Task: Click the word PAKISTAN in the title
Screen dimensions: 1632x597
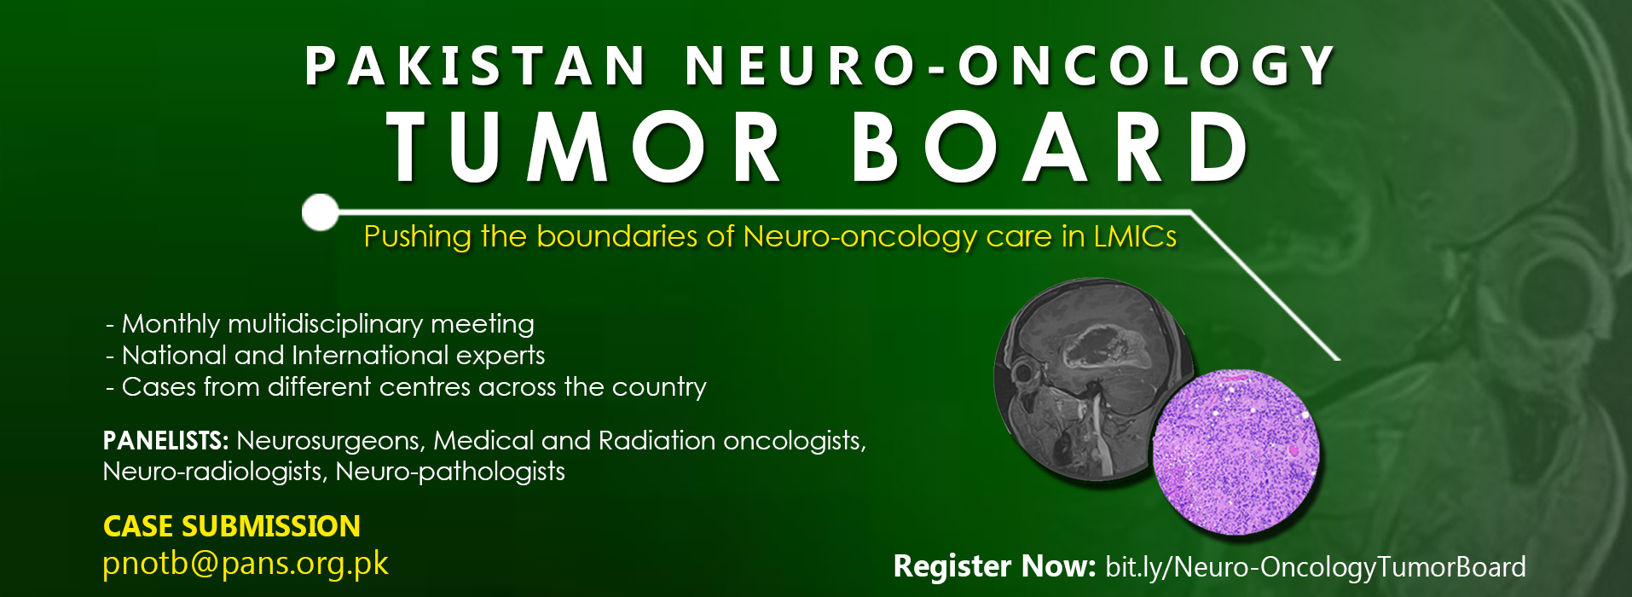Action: click(x=476, y=66)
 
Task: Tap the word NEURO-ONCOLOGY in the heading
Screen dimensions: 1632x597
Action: click(x=1011, y=66)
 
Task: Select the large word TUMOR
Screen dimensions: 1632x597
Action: click(x=584, y=147)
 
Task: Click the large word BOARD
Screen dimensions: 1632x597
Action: click(x=1050, y=147)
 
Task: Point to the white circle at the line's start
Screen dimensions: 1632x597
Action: click(x=321, y=212)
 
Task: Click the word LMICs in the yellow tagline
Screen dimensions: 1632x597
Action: click(x=1135, y=235)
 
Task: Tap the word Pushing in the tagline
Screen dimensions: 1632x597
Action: click(x=417, y=236)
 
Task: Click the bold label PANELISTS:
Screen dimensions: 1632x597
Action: click(x=165, y=440)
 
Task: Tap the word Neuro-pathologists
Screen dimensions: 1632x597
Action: click(x=450, y=472)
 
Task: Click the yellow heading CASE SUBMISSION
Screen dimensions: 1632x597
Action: click(x=232, y=526)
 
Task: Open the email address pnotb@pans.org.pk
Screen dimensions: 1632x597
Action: click(x=246, y=564)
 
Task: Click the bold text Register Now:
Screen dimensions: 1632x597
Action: click(x=994, y=566)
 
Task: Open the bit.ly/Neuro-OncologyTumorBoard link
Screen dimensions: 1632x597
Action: click(x=1316, y=567)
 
